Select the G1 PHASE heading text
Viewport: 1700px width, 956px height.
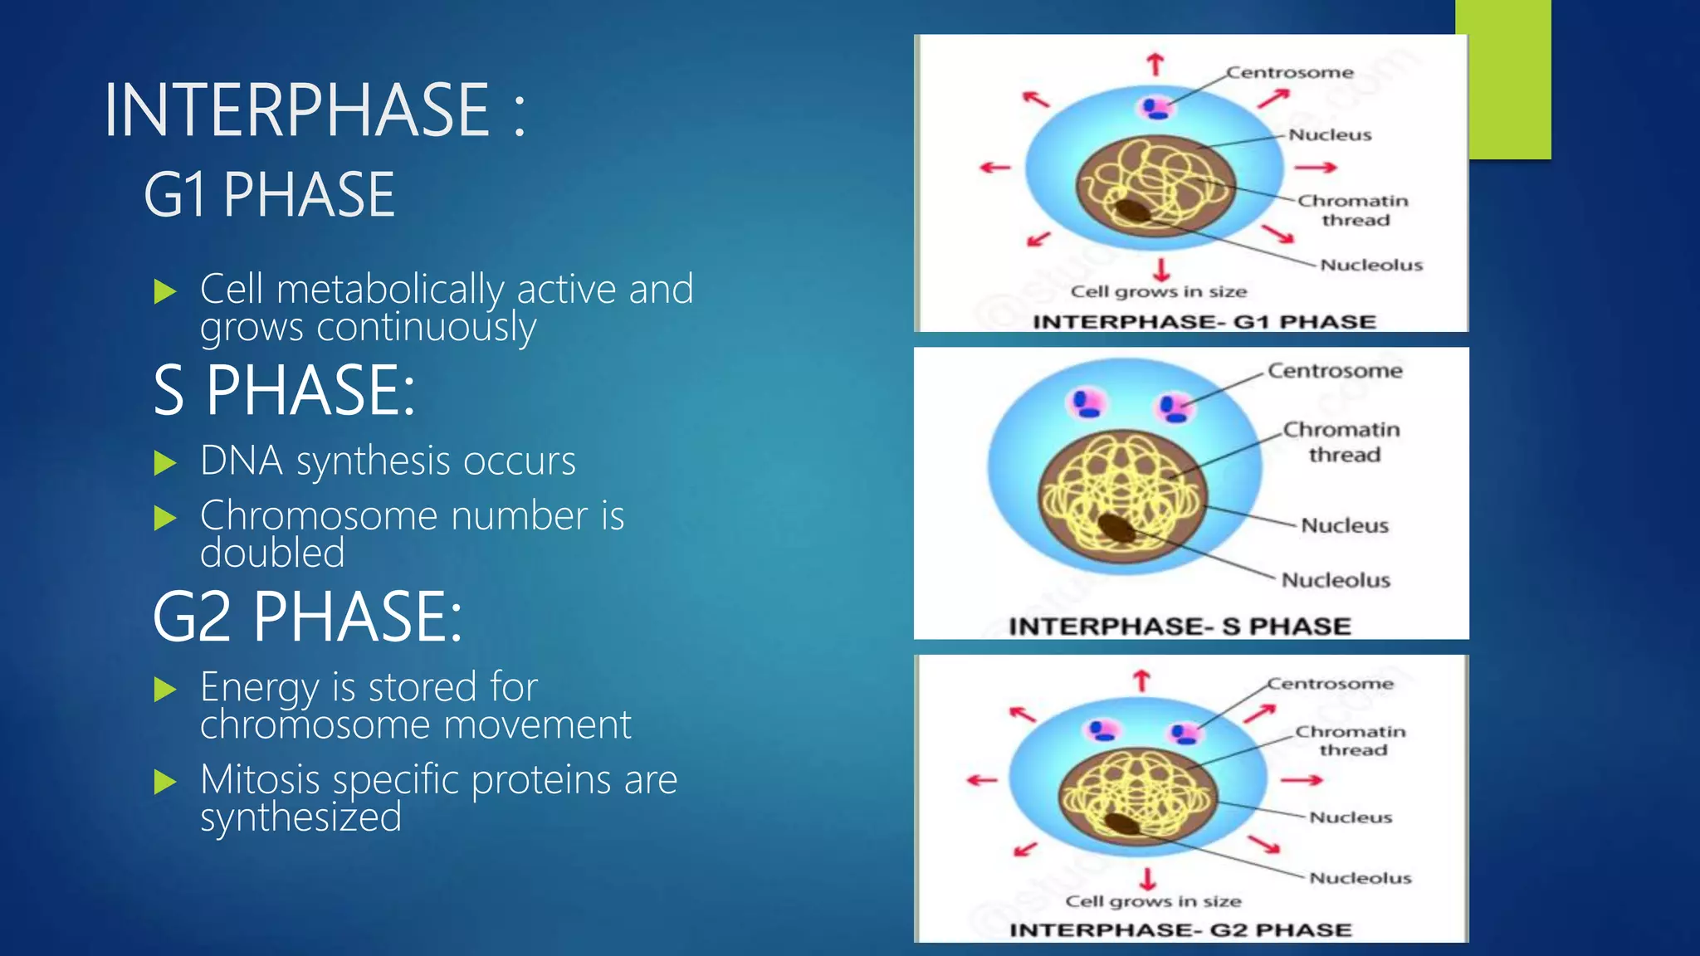(x=269, y=196)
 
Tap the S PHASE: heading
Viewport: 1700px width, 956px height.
(x=284, y=391)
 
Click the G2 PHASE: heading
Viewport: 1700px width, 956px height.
(x=307, y=617)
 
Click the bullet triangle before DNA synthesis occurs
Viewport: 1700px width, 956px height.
(x=166, y=463)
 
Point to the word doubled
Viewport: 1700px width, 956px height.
(x=272, y=554)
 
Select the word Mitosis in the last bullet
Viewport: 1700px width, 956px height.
(x=260, y=780)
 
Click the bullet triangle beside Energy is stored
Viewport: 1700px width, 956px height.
(x=166, y=690)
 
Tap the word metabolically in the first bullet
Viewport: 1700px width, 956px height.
(x=389, y=290)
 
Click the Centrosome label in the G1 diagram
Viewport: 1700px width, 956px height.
(x=1290, y=73)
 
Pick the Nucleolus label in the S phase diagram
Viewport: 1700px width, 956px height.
(x=1336, y=580)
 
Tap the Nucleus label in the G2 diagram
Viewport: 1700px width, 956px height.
(x=1351, y=817)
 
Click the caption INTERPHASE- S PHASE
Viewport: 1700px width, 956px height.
(x=1180, y=627)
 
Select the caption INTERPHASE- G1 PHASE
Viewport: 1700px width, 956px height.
(x=1204, y=322)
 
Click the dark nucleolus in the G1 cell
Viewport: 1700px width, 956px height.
(x=1132, y=211)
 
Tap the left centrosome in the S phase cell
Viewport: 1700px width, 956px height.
(x=1087, y=404)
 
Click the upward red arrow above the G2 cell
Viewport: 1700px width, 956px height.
(x=1142, y=680)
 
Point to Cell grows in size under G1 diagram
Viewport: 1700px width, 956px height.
(x=1159, y=292)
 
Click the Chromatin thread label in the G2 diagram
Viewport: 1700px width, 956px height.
(x=1351, y=740)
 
